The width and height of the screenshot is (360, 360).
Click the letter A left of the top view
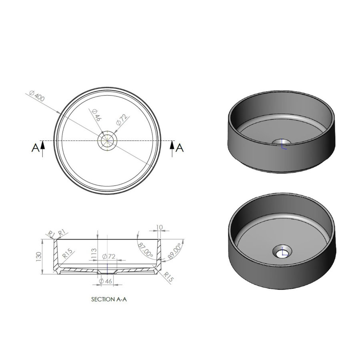tap(35, 148)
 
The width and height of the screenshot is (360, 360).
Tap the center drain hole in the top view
tap(107, 140)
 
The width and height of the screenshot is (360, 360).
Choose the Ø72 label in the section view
tap(109, 256)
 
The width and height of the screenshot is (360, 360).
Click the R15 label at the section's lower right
tap(168, 277)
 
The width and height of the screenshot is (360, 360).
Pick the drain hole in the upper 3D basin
tap(282, 142)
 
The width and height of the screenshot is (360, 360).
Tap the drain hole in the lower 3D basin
tap(282, 252)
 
